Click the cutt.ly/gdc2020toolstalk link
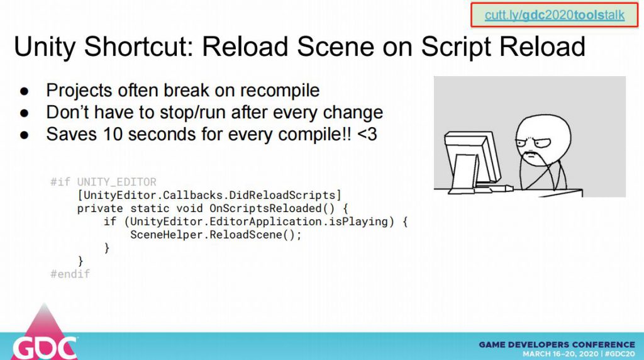pos(554,15)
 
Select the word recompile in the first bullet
pos(280,91)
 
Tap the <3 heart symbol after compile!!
pos(367,135)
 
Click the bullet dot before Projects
pos(25,91)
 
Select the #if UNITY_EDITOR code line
pos(103,182)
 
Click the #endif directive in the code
pos(70,274)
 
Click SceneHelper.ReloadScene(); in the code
pos(216,235)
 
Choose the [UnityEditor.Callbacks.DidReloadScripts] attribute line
pos(209,195)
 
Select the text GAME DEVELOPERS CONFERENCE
pos(557,344)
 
